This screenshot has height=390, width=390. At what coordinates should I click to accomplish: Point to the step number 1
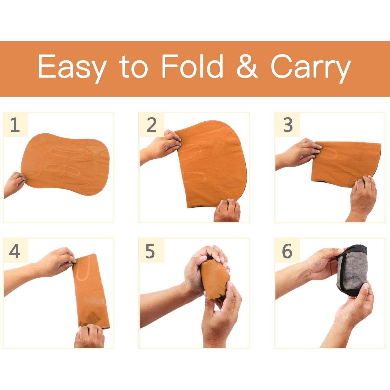coord(15,125)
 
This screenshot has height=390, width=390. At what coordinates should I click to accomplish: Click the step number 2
coord(151,125)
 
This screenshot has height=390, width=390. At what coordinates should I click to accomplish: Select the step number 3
coord(288,125)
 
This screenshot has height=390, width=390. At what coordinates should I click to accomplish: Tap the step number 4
coord(15,251)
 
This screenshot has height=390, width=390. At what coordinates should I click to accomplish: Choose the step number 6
coord(287,251)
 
